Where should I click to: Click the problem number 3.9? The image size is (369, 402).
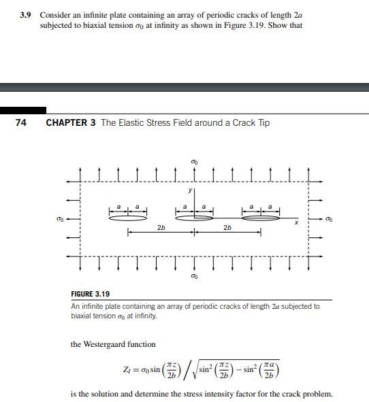coord(28,14)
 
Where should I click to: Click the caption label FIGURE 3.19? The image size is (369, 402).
coord(90,294)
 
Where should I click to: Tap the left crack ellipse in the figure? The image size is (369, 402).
coord(128,218)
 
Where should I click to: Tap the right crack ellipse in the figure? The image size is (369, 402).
coord(261,218)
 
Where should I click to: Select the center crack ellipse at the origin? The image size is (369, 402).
coord(195,218)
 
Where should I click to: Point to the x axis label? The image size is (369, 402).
coord(296,222)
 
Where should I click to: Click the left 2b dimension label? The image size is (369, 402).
coord(161,227)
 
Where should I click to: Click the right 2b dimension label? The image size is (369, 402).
coord(227,227)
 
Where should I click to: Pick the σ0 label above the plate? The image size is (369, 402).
coord(195,161)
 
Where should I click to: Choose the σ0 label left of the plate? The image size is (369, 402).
coord(59,218)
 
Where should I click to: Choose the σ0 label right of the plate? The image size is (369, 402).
coord(330,218)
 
